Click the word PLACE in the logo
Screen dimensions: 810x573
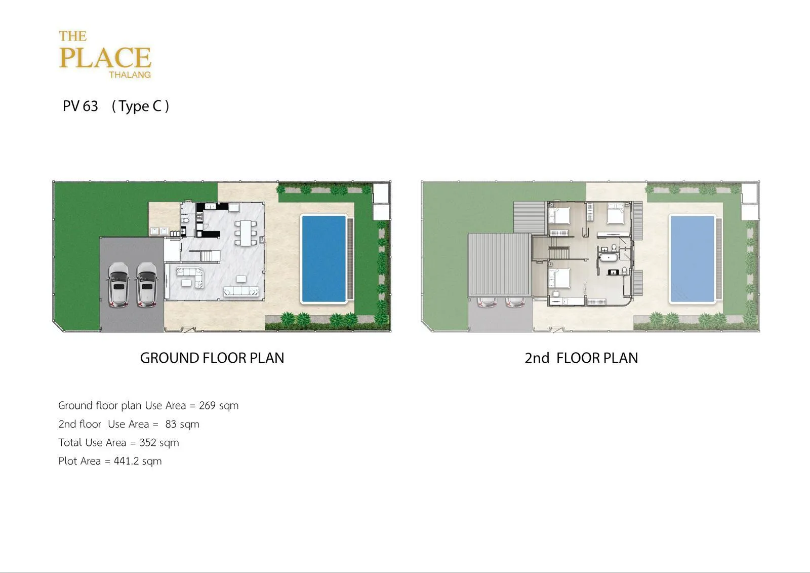pos(105,58)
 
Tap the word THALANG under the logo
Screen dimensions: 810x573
pos(130,75)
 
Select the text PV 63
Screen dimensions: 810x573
pos(80,106)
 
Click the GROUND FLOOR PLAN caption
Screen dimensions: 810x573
pos(212,358)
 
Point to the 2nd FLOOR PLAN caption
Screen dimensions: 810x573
pos(582,358)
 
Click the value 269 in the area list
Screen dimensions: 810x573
pos(207,405)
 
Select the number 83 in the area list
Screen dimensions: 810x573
pos(171,424)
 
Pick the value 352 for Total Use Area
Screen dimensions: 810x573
pos(148,442)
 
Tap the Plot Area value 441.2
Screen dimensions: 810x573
pos(127,461)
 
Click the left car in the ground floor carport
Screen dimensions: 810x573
pos(118,285)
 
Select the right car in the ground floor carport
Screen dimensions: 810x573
pos(146,285)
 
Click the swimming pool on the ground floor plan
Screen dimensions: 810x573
pos(323,258)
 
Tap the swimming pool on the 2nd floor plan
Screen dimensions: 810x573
pos(693,258)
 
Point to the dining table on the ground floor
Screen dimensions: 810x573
pos(246,233)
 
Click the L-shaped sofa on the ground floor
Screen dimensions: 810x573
pos(190,277)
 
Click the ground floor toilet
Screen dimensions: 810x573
pos(185,220)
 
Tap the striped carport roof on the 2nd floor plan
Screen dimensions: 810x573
pos(499,265)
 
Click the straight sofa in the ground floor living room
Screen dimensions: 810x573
pos(241,291)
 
